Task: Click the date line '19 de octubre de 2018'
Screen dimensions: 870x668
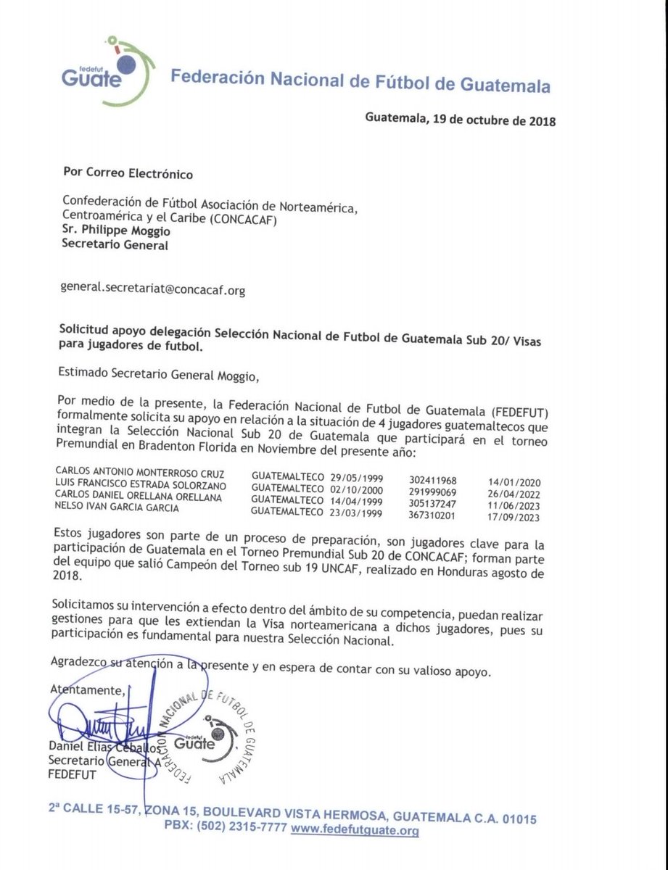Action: [461, 120]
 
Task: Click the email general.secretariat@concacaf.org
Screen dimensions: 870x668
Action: [154, 290]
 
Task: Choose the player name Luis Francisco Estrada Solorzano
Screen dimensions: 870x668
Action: [146, 484]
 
